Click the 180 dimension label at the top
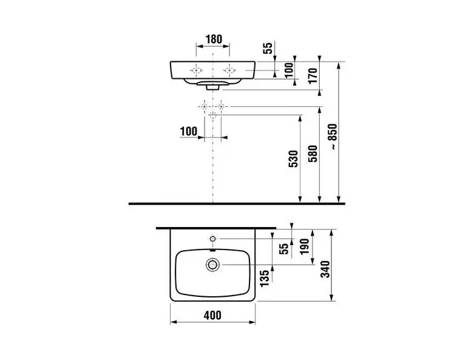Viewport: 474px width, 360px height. coord(214,39)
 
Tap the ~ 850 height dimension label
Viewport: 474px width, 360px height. coord(333,137)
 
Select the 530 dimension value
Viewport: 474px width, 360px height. coord(294,158)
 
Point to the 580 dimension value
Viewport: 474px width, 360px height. coord(313,154)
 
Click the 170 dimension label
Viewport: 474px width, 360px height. coord(313,75)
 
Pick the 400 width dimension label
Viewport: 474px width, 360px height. coord(212,315)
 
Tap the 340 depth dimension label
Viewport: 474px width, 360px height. coord(325,270)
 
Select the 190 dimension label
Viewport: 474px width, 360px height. coord(305,246)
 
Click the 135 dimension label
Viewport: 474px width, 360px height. coord(264,279)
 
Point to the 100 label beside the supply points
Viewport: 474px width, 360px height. coord(189,132)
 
